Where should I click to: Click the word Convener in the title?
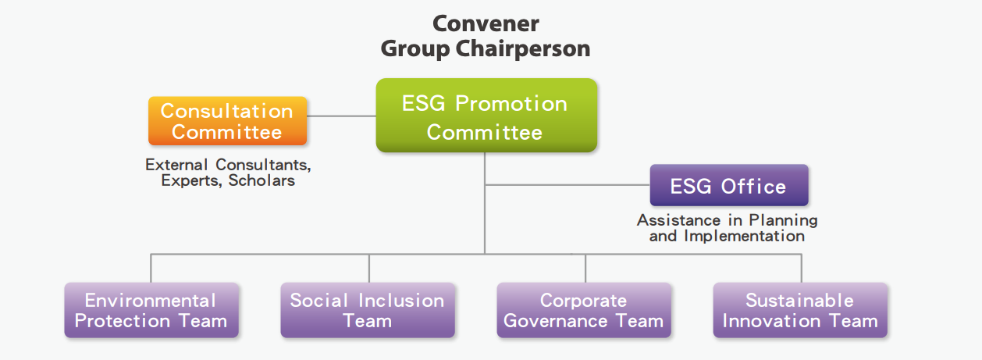486,23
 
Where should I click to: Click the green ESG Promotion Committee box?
486,116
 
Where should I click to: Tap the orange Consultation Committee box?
227,121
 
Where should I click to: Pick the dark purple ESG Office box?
729,185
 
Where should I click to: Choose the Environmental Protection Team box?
151,310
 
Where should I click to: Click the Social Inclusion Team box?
368,310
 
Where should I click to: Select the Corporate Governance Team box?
584,310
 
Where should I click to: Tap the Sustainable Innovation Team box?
800,310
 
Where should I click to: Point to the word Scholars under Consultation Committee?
262,180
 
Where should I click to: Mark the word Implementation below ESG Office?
745,237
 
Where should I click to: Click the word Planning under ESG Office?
784,220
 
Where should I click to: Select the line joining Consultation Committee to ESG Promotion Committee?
341,116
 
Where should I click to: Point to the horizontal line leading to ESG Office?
567,185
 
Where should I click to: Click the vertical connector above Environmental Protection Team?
151,269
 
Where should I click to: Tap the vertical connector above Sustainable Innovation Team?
802,269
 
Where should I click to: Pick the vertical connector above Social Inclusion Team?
369,269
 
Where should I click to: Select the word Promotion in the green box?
511,104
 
